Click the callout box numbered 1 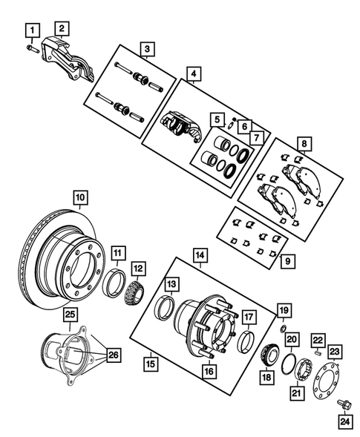click(x=32, y=30)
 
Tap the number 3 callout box click(x=148, y=50)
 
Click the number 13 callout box click(x=171, y=284)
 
